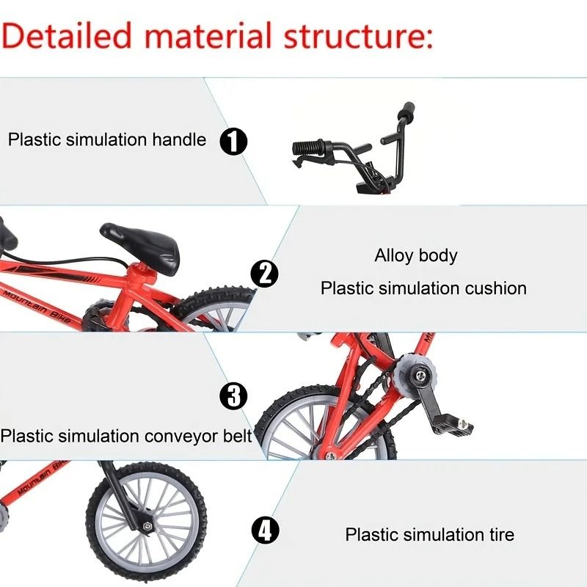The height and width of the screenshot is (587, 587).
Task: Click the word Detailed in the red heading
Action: click(70, 34)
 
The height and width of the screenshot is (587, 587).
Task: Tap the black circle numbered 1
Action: click(234, 139)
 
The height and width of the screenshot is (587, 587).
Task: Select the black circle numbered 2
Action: click(265, 274)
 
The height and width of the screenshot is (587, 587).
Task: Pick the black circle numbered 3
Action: click(234, 397)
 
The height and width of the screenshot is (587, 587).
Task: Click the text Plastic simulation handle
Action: click(107, 139)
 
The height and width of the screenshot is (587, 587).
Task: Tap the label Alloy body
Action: click(415, 256)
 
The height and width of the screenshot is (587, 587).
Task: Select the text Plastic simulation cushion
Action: click(423, 288)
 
